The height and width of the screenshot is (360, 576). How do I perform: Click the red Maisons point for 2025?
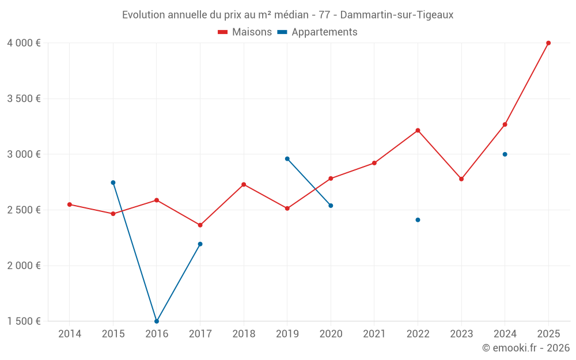548,43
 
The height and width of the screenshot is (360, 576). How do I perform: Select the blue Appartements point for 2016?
157,321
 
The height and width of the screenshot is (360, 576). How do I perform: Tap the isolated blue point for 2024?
505,154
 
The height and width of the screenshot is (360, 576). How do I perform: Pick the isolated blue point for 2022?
418,220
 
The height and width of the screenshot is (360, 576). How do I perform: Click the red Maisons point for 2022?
418,130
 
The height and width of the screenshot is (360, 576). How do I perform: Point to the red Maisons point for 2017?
200,225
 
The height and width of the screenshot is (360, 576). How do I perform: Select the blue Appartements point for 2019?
287,159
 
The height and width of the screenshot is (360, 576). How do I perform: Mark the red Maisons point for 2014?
70,204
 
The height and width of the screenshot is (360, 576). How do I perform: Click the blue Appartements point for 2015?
113,183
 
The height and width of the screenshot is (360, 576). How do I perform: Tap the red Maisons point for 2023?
461,179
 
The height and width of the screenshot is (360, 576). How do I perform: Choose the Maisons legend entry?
245,32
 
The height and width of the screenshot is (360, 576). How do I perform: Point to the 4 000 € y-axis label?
24,43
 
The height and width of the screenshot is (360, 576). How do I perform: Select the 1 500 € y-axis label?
24,321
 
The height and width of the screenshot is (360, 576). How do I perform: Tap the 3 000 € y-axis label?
24,154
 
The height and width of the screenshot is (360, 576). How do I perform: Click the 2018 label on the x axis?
244,334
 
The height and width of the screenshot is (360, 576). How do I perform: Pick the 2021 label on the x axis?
374,334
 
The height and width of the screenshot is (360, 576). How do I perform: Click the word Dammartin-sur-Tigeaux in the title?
397,15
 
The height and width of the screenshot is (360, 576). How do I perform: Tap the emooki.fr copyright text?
525,348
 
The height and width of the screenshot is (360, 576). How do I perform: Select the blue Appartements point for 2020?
331,206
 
